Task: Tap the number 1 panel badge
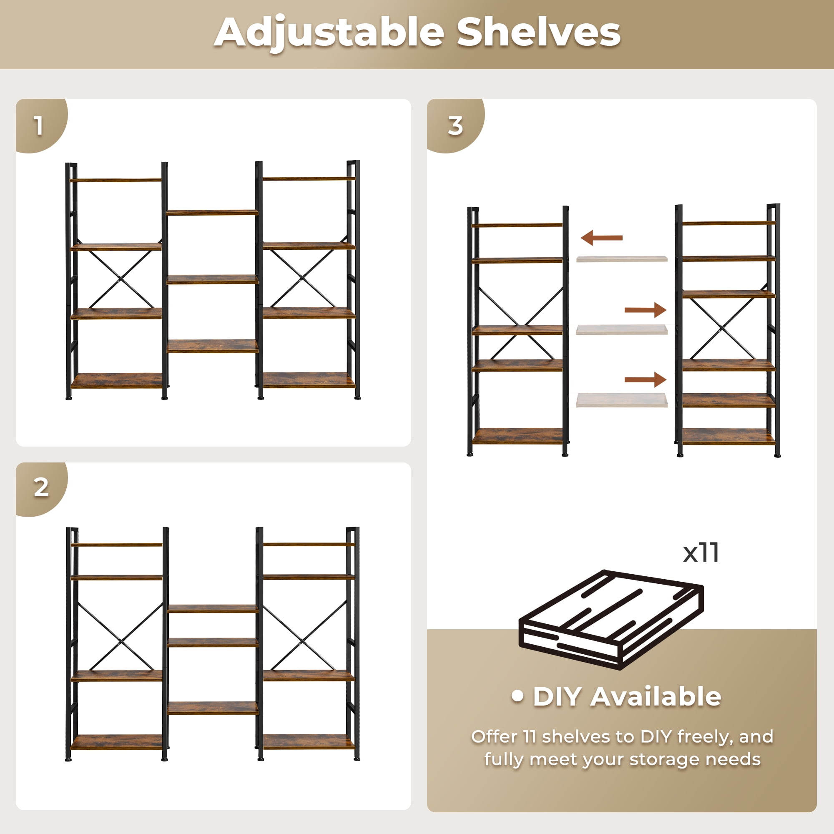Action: coord(39,126)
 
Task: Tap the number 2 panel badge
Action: coord(41,488)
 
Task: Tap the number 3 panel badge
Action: coord(455,126)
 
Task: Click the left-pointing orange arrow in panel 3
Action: coord(601,237)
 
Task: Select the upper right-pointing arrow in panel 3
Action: coord(646,310)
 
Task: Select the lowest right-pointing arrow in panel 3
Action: coord(646,379)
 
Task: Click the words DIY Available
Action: coord(626,696)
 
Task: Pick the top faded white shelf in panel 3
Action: coord(622,259)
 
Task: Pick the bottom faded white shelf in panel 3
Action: coord(622,400)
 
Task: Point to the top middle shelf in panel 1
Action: coord(212,212)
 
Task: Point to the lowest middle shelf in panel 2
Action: coord(212,708)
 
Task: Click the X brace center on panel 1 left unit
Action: coord(121,279)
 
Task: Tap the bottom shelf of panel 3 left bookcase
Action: coord(517,436)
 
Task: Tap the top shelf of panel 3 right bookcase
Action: coord(728,223)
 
